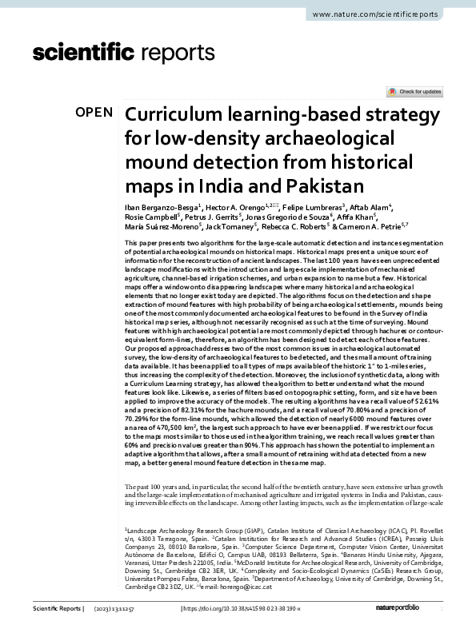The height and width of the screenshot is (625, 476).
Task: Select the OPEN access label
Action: (94, 113)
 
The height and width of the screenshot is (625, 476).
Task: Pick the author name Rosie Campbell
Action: (152, 217)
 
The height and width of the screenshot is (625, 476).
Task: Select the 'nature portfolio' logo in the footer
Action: (422, 610)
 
